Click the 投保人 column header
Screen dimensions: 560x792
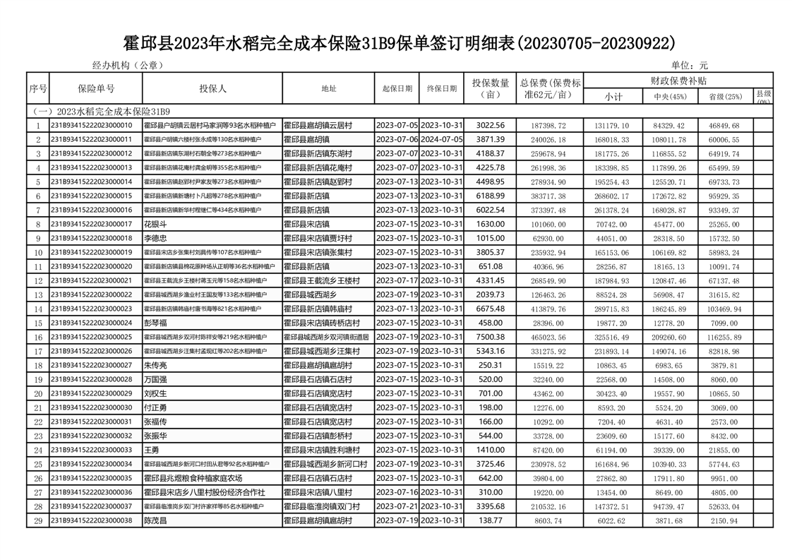[212, 88]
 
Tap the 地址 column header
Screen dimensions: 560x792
[329, 89]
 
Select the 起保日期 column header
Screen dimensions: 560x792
[397, 89]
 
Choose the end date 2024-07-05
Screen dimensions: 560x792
[443, 139]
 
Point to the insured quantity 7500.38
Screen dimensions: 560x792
[490, 337]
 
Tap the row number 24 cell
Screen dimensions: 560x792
[38, 450]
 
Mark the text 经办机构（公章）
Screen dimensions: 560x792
[128, 65]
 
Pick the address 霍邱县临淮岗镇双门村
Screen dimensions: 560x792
[322, 506]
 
